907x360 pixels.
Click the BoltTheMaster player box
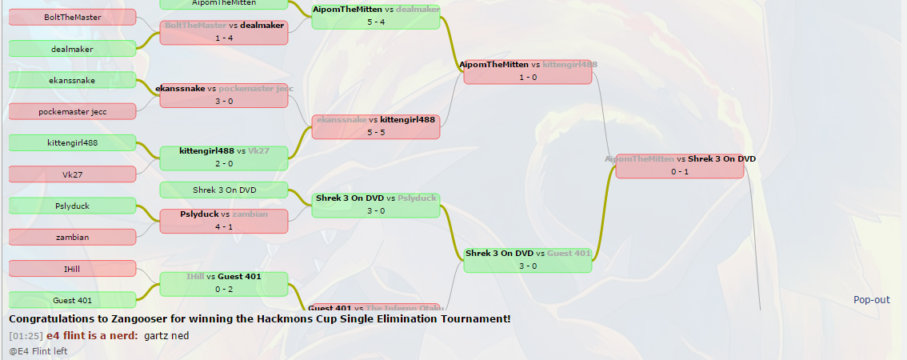[x=72, y=17]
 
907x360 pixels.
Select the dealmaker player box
[x=72, y=49]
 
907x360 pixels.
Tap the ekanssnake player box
[x=72, y=80]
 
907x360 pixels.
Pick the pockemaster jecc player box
[x=72, y=111]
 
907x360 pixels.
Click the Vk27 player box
[x=72, y=174]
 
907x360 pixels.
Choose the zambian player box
[x=72, y=238]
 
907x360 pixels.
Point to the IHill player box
[x=72, y=269]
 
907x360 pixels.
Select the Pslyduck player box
[x=72, y=206]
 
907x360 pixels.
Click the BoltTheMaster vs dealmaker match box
[x=224, y=32]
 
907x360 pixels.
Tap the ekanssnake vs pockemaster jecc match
[x=224, y=95]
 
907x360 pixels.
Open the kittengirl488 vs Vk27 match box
[x=224, y=158]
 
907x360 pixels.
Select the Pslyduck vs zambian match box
[x=224, y=221]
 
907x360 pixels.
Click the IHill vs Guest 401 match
[x=224, y=284]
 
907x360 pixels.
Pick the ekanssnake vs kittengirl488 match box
[x=376, y=126]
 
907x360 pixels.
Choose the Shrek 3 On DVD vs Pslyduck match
[x=376, y=205]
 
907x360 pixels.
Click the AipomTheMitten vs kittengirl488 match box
[x=528, y=70]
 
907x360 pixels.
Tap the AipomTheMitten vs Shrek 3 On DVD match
[x=680, y=166]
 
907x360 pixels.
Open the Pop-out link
[x=871, y=300]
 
